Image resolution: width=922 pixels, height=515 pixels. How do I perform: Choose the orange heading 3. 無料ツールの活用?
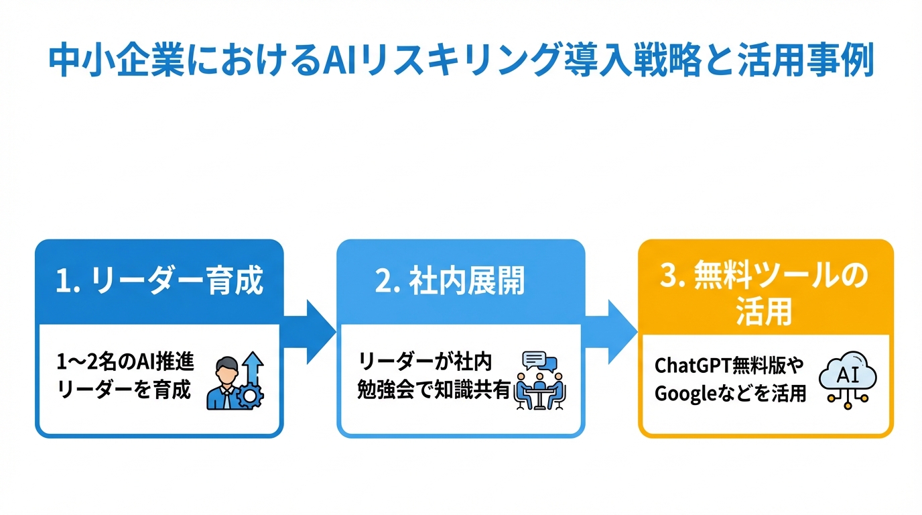click(764, 294)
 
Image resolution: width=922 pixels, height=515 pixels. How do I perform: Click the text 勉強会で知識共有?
click(434, 390)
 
